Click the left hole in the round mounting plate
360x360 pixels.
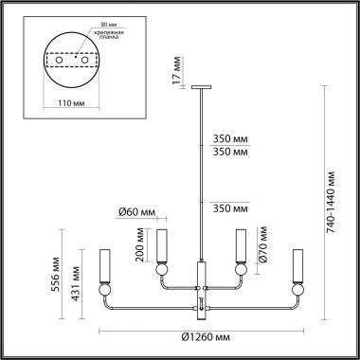pyautogui.click(x=63, y=60)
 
